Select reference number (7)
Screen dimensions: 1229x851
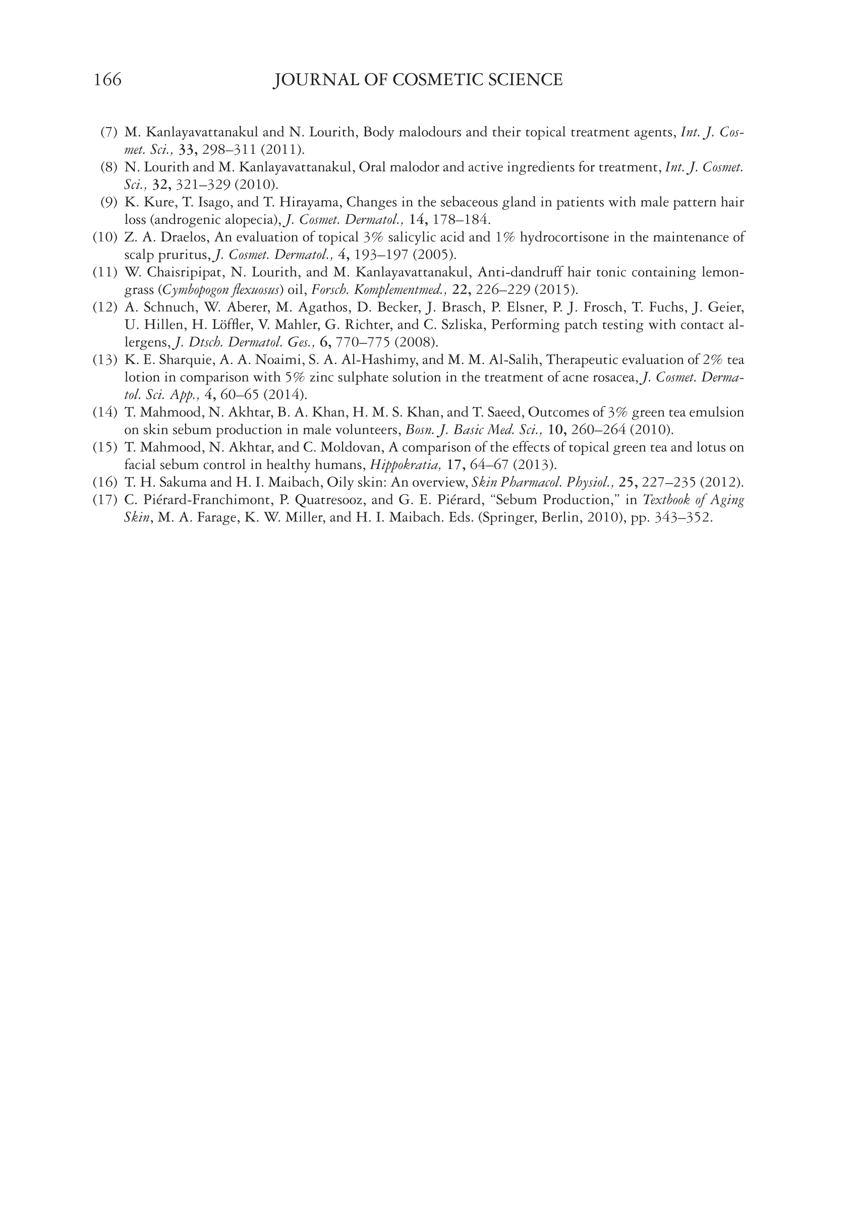(109, 132)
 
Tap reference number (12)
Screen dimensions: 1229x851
(104, 308)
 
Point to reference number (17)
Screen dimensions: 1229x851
(104, 500)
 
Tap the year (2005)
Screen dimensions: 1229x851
(434, 255)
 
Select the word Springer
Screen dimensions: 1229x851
(508, 518)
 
